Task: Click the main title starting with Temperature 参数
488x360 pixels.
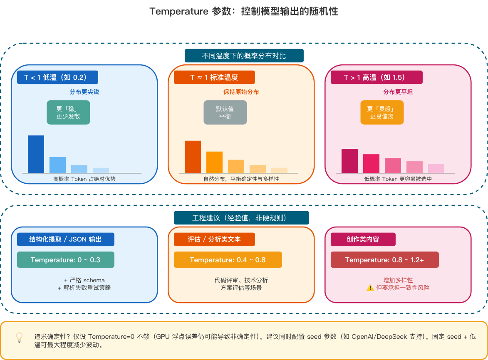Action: (244, 12)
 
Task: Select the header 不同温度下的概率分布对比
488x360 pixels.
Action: (244, 56)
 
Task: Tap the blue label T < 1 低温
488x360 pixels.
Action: (57, 77)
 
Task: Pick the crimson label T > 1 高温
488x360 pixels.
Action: (376, 77)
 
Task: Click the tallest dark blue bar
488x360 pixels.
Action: (36, 154)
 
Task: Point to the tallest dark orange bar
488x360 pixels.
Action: (193, 157)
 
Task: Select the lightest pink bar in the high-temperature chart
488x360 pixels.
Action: (436, 168)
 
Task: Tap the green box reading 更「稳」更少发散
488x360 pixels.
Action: (68, 112)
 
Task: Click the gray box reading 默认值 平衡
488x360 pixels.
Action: (225, 112)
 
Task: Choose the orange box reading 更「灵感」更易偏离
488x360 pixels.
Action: (382, 112)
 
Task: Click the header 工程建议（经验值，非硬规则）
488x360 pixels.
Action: (241, 218)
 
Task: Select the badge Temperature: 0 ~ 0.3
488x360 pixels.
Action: (65, 260)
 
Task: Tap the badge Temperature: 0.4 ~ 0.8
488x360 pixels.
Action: (228, 260)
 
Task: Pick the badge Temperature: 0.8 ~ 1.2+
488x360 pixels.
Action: (384, 260)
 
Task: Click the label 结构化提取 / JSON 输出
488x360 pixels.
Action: (65, 239)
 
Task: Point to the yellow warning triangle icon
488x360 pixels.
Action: (370, 288)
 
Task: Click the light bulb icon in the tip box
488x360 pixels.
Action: (19, 337)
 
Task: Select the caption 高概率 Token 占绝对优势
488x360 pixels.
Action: (84, 179)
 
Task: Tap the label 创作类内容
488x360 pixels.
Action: (363, 239)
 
